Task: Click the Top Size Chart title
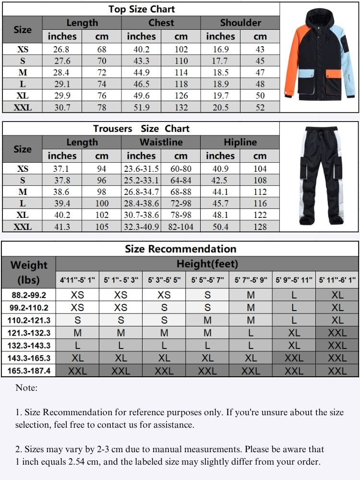pyautogui.click(x=142, y=9)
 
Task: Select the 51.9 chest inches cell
pyautogui.click(x=141, y=107)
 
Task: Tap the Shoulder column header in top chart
pyautogui.click(x=240, y=23)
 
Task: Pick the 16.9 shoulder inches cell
pyautogui.click(x=220, y=49)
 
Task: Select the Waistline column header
pyautogui.click(x=161, y=142)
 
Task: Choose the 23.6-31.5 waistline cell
pyautogui.click(x=141, y=169)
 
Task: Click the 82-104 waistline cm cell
pyautogui.click(x=181, y=227)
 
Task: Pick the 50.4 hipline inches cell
pyautogui.click(x=220, y=227)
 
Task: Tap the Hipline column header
pyautogui.click(x=240, y=142)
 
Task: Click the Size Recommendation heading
pyautogui.click(x=180, y=249)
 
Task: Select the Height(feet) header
pyautogui.click(x=207, y=264)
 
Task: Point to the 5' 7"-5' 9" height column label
pyautogui.click(x=251, y=280)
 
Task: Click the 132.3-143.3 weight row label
pyautogui.click(x=28, y=345)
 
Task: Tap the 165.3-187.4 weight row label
pyautogui.click(x=28, y=370)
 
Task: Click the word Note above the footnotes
pyautogui.click(x=26, y=388)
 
